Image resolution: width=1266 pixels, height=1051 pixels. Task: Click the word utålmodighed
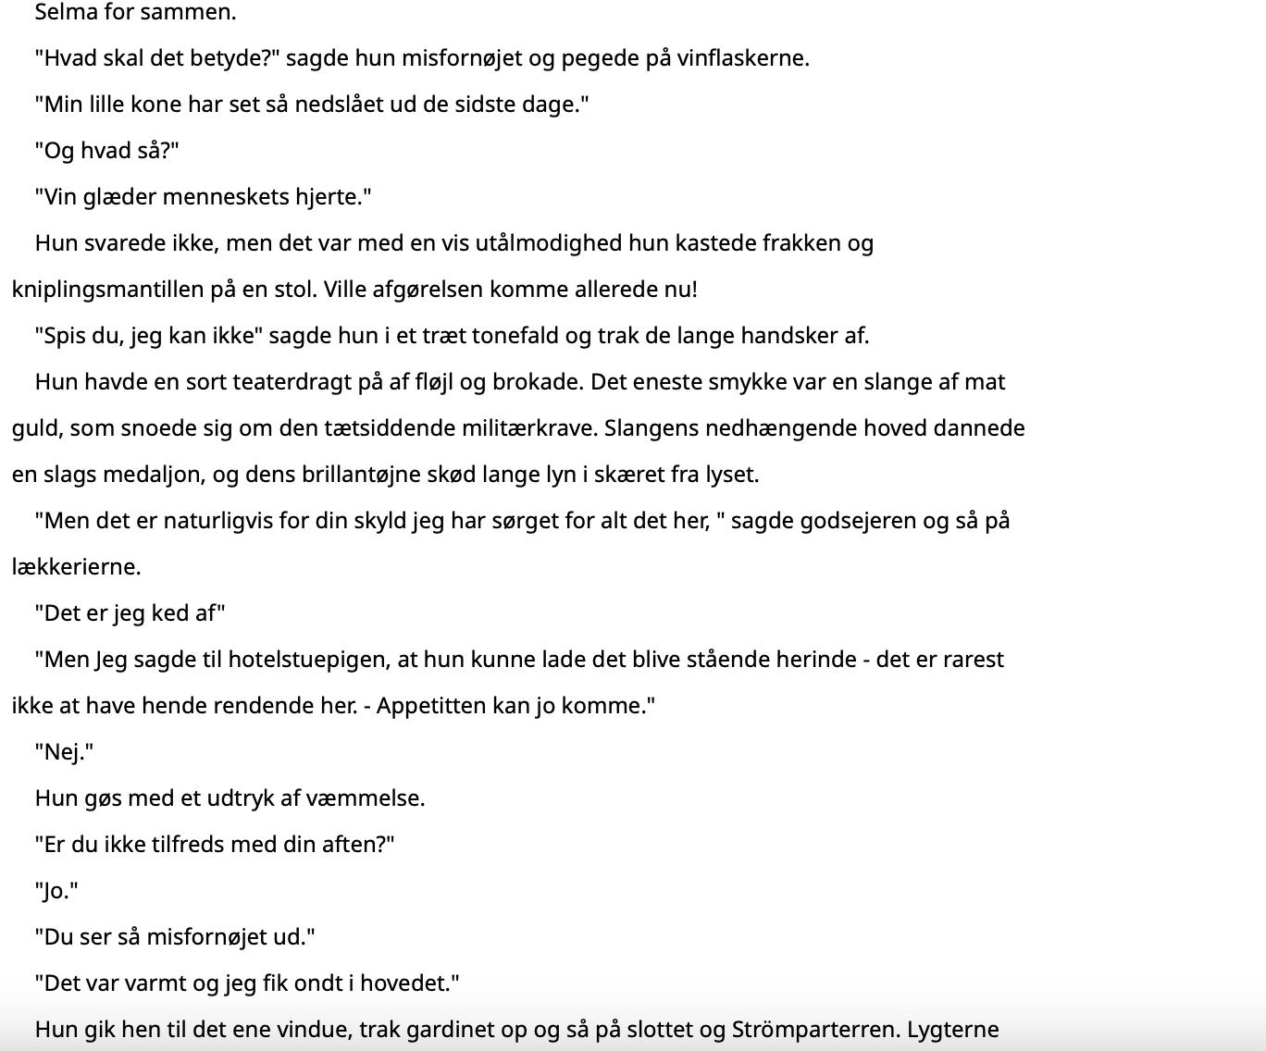click(549, 243)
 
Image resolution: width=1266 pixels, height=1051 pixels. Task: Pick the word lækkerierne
click(76, 567)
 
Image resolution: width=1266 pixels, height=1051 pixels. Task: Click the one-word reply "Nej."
click(65, 752)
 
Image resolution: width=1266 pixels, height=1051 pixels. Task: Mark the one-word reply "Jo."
click(57, 891)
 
